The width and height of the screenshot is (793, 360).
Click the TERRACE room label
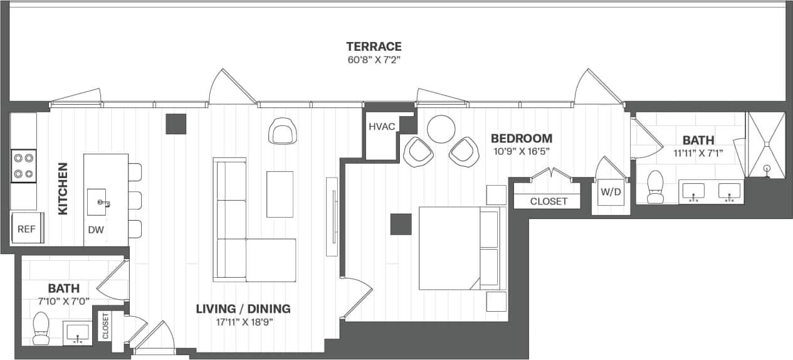[374, 46]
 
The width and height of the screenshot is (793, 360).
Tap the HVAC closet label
[382, 127]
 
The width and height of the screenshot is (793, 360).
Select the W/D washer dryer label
[610, 193]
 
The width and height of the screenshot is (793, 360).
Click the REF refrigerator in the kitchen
[26, 230]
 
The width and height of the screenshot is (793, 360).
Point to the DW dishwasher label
[95, 230]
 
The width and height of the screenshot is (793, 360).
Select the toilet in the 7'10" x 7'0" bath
[41, 329]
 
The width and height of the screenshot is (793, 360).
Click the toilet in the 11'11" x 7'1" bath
[655, 187]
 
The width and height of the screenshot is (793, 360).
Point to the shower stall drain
[766, 168]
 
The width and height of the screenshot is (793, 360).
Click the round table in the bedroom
[441, 129]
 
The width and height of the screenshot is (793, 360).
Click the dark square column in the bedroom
[401, 224]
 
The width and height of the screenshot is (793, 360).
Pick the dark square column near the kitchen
[176, 124]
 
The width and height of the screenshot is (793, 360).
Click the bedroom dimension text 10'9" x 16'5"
[521, 151]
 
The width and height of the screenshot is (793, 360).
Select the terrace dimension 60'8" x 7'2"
[374, 60]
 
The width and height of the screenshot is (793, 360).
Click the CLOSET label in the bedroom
[549, 201]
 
